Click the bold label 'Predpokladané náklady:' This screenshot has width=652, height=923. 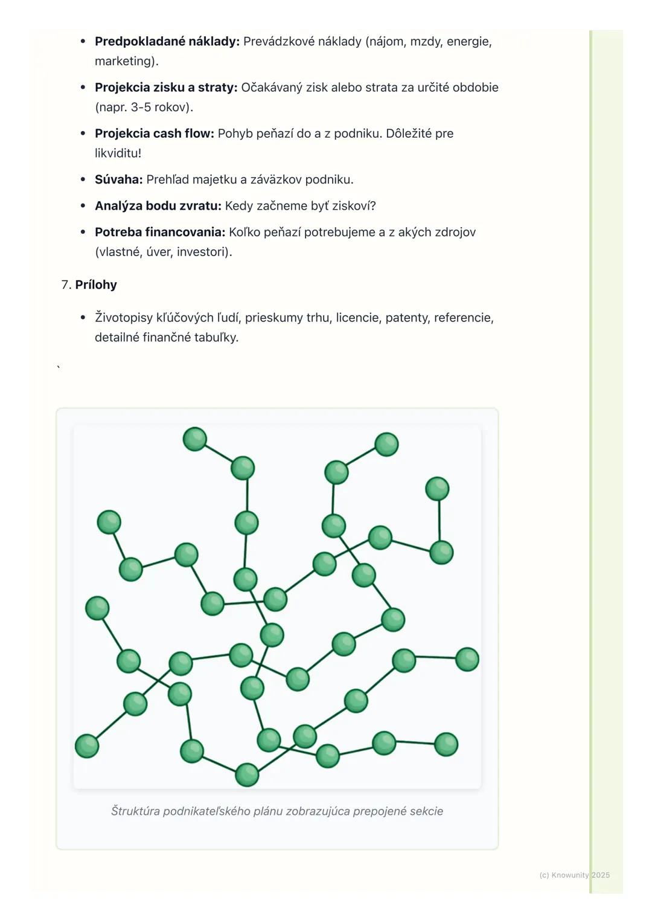[167, 42]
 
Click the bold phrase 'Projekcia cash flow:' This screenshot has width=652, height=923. [154, 133]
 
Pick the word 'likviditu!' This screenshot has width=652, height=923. [118, 153]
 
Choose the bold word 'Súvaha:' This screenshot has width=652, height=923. [118, 179]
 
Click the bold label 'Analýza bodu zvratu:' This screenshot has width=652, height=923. [158, 206]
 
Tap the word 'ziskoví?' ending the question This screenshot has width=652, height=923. [354, 206]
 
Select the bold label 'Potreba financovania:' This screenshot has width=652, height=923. [160, 233]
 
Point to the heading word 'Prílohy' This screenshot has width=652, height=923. [96, 285]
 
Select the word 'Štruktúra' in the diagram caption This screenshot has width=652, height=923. [135, 811]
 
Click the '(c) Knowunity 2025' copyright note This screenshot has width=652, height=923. [574, 875]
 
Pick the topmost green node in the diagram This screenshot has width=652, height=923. [195, 439]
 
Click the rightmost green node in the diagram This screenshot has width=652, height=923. [467, 659]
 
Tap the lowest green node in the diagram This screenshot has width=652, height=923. [247, 774]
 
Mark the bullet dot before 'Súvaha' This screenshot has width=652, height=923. [83, 179]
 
